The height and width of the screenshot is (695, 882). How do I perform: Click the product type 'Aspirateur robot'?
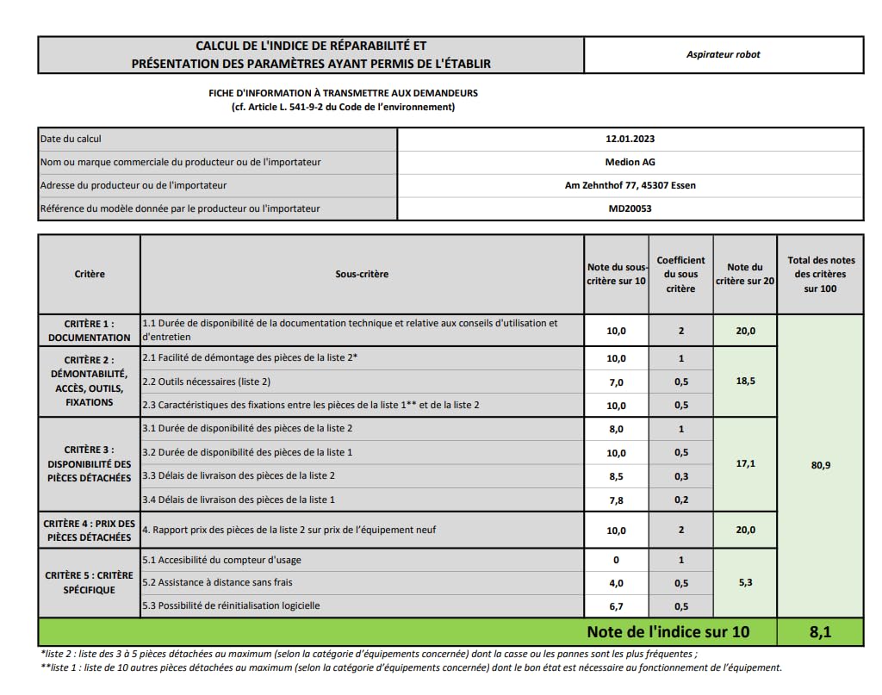coord(723,54)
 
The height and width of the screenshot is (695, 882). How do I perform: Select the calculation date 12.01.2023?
coord(630,139)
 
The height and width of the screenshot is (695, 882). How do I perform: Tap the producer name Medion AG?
coord(630,162)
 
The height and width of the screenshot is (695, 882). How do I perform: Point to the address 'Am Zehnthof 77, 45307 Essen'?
coord(630,185)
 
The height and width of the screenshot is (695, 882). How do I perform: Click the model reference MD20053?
coord(630,208)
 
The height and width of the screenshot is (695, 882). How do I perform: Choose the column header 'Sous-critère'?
coord(362,274)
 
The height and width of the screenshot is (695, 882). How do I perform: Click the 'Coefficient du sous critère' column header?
coord(680,274)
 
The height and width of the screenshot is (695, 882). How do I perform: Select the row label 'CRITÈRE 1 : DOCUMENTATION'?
coord(90,331)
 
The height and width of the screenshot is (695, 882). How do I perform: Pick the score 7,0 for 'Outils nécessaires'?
coord(616,382)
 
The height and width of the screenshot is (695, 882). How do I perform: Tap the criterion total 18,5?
coord(745,381)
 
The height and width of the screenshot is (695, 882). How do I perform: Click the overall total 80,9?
coord(820,465)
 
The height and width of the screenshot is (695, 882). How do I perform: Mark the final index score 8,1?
coord(820,632)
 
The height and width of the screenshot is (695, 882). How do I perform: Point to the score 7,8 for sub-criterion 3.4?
coord(616,500)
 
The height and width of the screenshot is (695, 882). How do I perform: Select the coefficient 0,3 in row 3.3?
coord(680,475)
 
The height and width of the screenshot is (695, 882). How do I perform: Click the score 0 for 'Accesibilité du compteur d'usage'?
coord(616,560)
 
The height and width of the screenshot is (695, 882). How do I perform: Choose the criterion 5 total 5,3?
coord(745,583)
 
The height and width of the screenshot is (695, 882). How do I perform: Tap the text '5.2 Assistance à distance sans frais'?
coord(217,583)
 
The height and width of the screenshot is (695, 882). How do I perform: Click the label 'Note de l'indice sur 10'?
coord(668,632)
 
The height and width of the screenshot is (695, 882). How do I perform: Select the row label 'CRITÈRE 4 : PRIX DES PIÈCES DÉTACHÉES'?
coord(90,530)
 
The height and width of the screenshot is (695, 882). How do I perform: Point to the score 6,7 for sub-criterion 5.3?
coord(616,606)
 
